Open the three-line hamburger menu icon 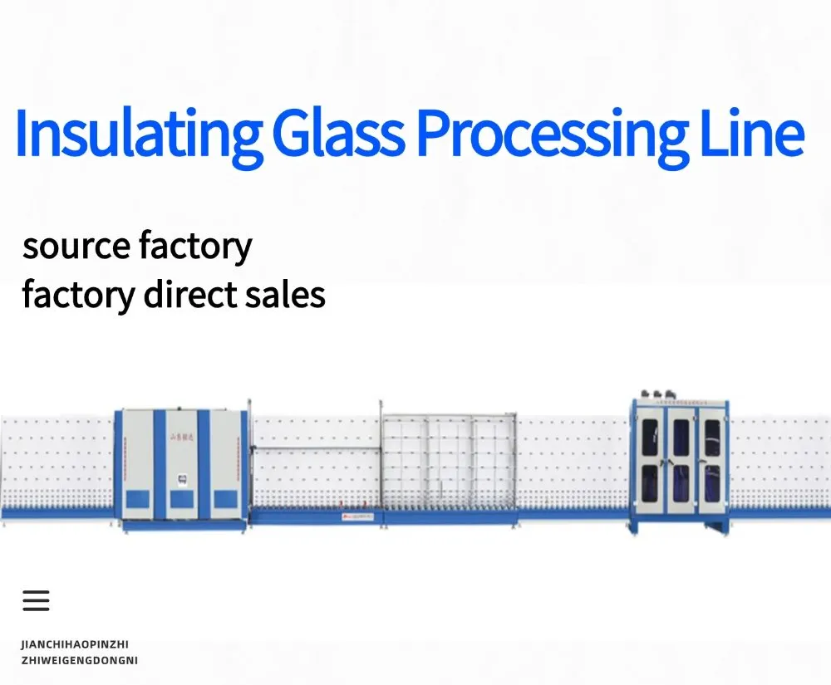(36, 600)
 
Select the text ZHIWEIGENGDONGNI (79, 660)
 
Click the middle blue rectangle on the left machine (182, 498)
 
